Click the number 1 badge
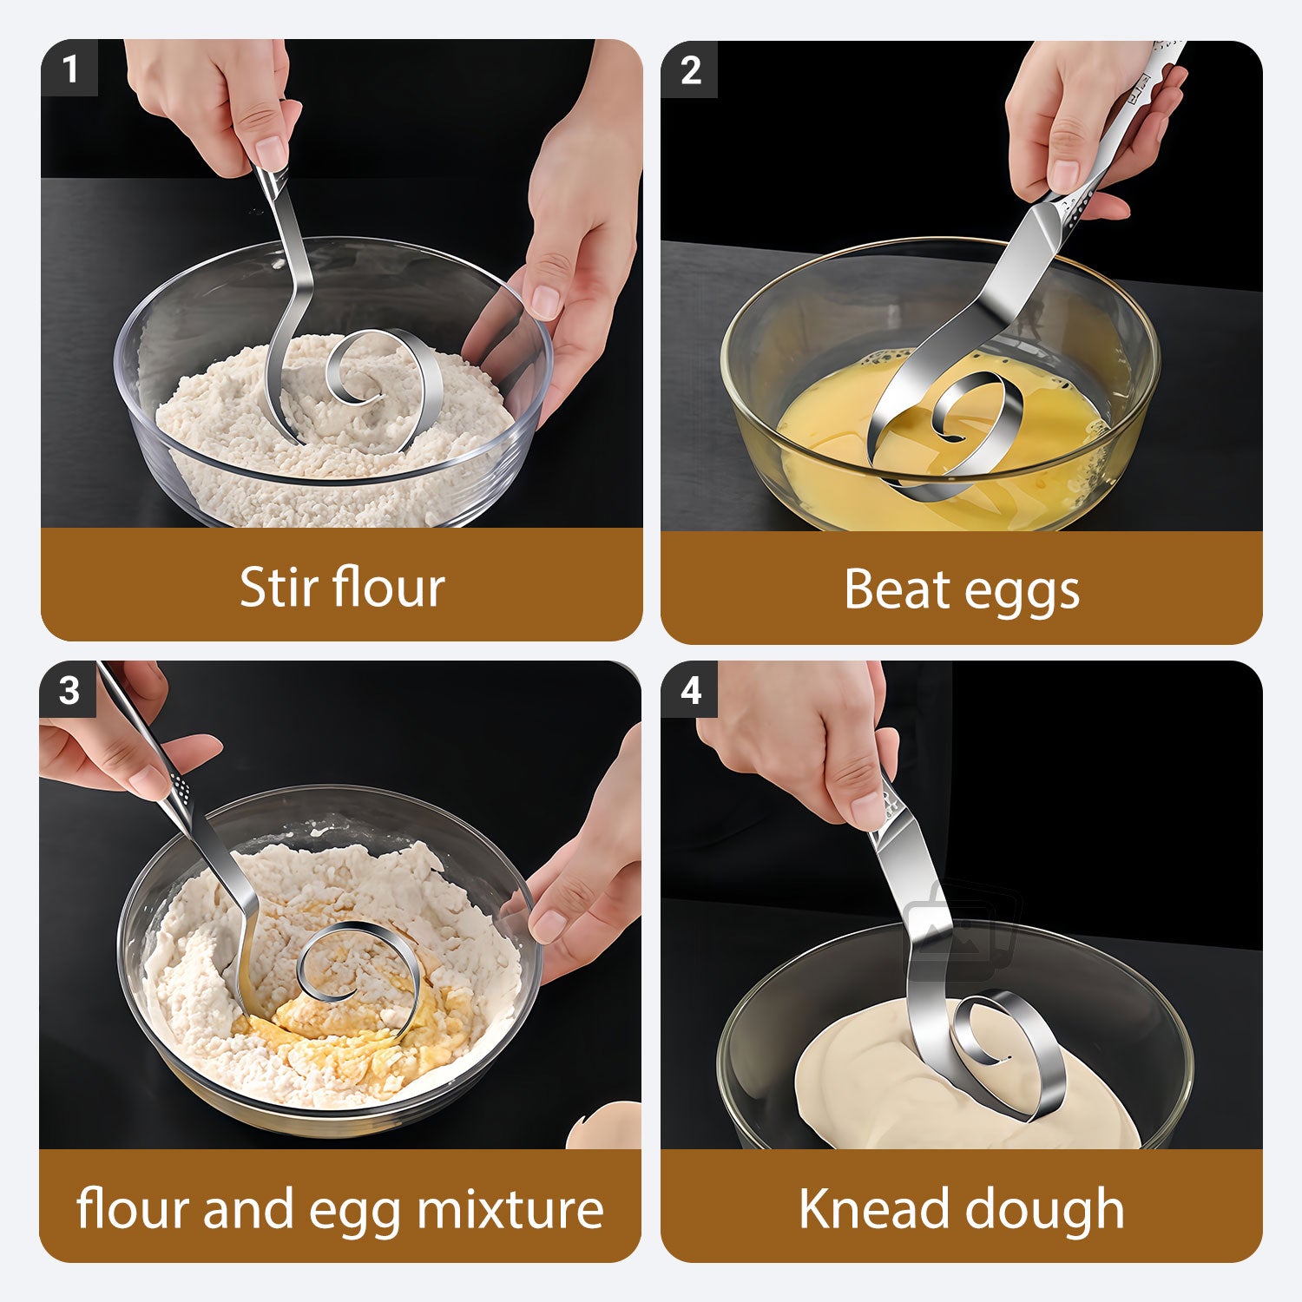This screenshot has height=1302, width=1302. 69,69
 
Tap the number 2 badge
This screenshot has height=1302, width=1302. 690,70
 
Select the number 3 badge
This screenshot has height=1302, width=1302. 69,690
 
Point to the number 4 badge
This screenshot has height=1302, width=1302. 690,690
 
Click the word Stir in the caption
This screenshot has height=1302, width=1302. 269,588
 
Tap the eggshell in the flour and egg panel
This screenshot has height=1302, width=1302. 605,1126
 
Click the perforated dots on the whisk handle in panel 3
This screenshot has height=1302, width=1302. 181,786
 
